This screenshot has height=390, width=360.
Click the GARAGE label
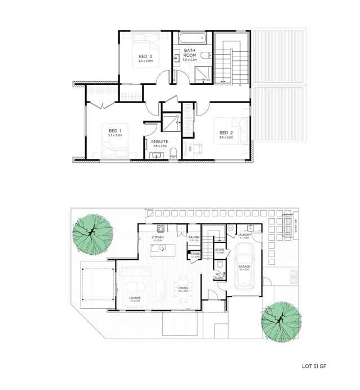pyautogui.click(x=244, y=267)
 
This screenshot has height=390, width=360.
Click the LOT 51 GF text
pyautogui.click(x=314, y=366)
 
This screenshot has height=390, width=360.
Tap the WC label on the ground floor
pyautogui.click(x=217, y=276)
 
